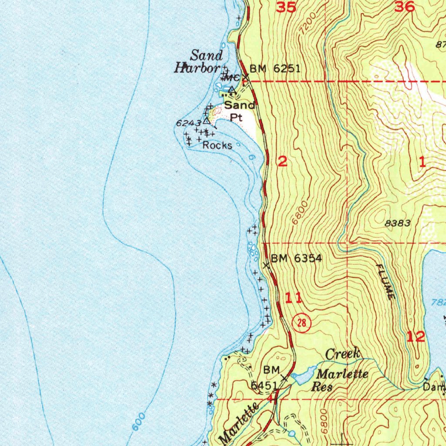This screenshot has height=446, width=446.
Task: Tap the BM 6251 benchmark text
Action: [x=275, y=69]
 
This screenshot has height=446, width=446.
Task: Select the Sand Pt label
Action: [x=239, y=111]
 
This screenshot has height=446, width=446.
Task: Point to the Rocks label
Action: [x=217, y=145]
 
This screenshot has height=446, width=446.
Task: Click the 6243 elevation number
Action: [x=189, y=124]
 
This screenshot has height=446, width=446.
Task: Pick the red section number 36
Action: [x=405, y=7]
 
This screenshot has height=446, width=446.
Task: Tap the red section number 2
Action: [x=283, y=162]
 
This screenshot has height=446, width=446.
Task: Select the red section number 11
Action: [x=293, y=298]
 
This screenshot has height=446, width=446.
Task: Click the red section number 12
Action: [x=416, y=336]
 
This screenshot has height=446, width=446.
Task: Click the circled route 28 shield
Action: [x=301, y=322]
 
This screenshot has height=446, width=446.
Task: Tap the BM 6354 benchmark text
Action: [x=297, y=259]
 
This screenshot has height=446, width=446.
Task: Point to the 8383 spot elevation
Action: [x=398, y=223]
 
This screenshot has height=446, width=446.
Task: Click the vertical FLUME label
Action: [x=385, y=282]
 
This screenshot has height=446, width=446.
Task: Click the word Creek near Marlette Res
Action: [x=343, y=354]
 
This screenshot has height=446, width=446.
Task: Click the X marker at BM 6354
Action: [x=267, y=265]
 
